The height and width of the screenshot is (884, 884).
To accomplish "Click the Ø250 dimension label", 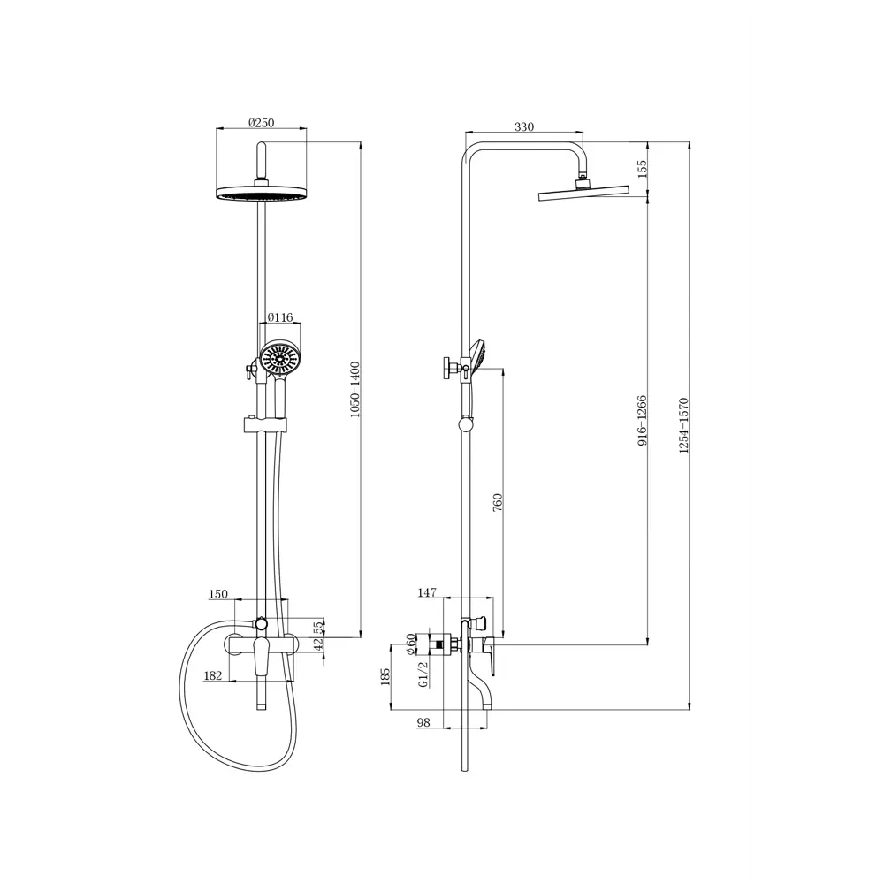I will (x=262, y=124).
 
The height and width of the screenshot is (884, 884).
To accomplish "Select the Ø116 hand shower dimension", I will (x=280, y=317).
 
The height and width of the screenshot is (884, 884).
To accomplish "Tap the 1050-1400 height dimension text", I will (x=356, y=389).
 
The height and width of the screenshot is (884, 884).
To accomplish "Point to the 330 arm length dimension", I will (x=524, y=127).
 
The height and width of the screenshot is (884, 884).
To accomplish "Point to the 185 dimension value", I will (x=385, y=677).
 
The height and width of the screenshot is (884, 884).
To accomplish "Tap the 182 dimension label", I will (x=213, y=676).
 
